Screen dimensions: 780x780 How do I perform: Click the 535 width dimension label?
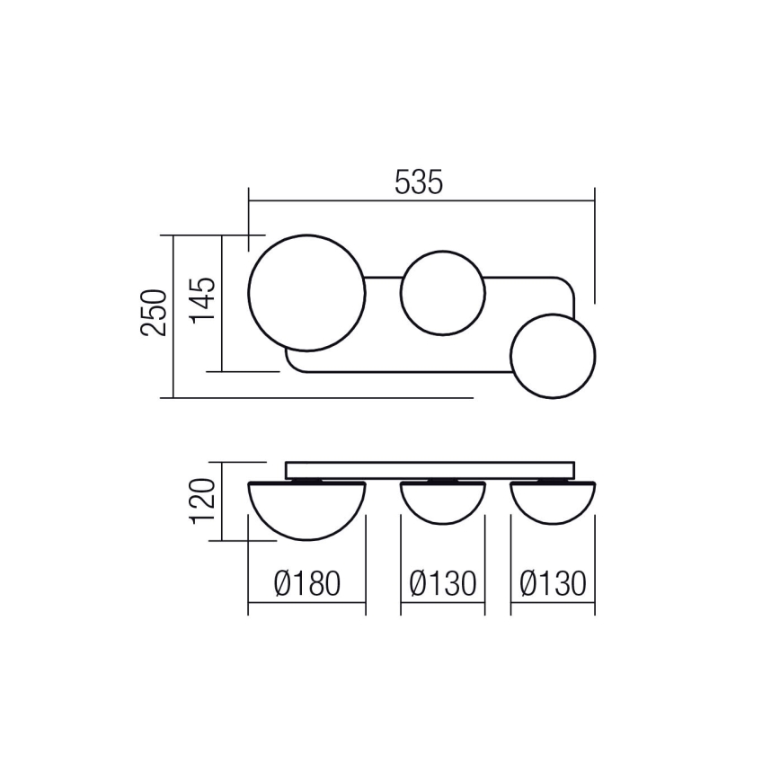[x=419, y=182]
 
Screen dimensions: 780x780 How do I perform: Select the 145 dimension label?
[x=202, y=300]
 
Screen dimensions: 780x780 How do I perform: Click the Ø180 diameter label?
[x=306, y=584]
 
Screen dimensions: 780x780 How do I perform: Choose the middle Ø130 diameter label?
[x=442, y=584]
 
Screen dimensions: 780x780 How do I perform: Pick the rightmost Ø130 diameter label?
[x=553, y=584]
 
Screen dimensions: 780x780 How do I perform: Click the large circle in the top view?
[x=306, y=292]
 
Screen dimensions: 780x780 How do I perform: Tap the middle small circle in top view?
[x=442, y=292]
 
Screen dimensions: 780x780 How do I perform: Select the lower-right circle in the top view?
[x=553, y=356]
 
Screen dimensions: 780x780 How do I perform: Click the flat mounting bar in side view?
[x=429, y=471]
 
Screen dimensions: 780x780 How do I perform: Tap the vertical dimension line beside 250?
[x=173, y=315]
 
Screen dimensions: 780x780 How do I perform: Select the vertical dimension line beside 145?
[x=221, y=302]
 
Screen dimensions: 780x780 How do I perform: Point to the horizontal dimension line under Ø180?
[x=306, y=603]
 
